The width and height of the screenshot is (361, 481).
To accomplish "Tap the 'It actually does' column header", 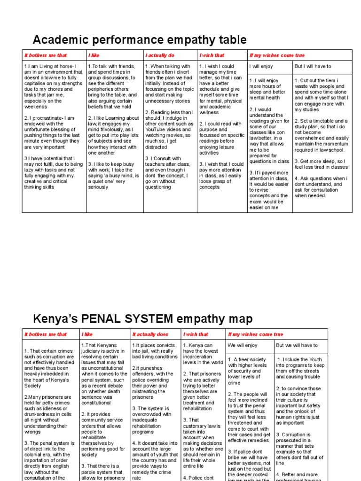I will pos(150,334).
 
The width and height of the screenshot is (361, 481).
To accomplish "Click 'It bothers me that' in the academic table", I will pos(46,55).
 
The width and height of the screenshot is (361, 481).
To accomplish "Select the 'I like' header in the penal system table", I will pos(87,334).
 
